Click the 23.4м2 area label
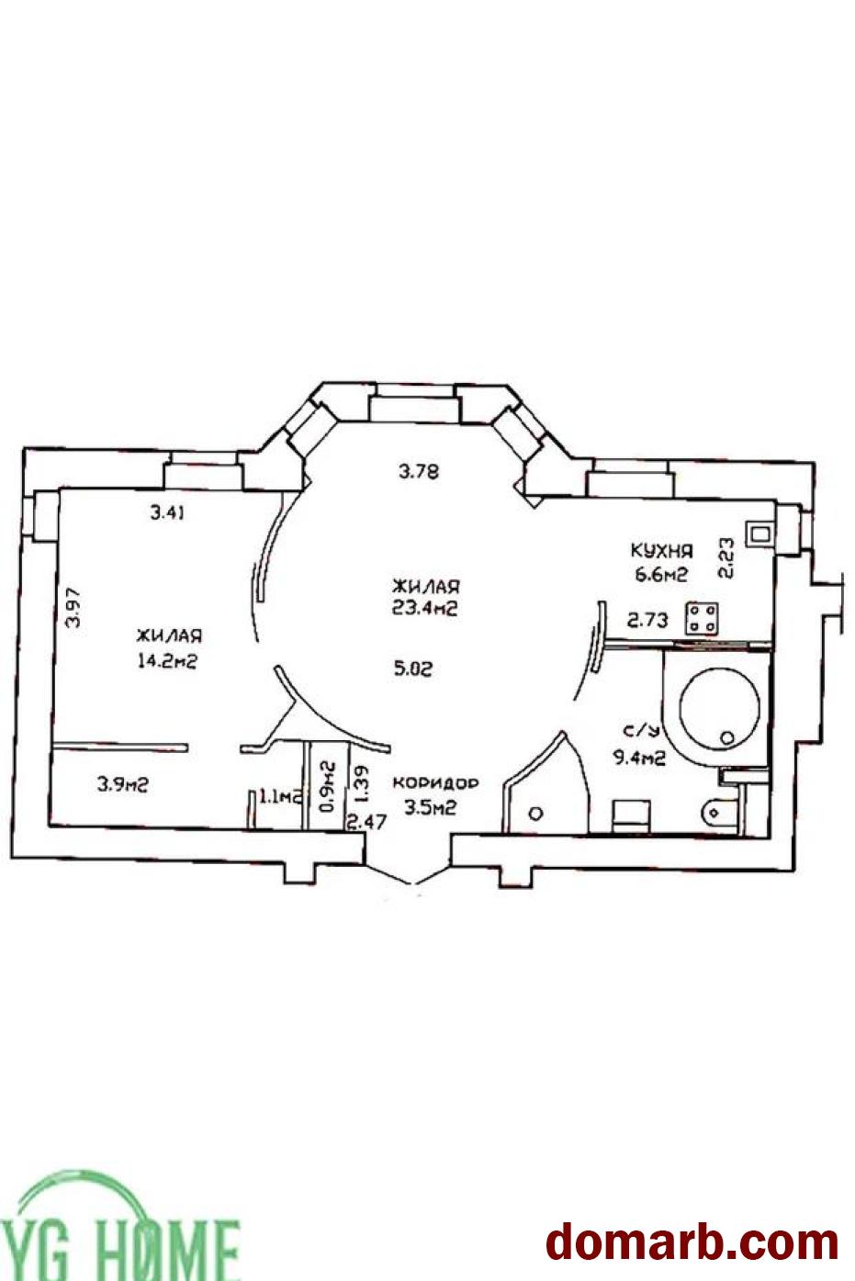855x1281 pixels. (x=424, y=608)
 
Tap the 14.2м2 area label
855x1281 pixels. (x=167, y=661)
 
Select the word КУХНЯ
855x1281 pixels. (x=662, y=551)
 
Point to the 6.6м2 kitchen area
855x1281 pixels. (x=661, y=574)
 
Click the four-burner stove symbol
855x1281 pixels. (x=702, y=618)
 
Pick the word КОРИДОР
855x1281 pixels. (x=435, y=783)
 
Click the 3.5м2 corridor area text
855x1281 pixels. (x=430, y=807)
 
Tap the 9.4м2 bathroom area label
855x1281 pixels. (x=639, y=758)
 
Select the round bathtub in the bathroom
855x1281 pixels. (x=719, y=708)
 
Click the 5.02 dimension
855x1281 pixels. (x=413, y=668)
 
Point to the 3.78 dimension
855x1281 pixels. (x=419, y=472)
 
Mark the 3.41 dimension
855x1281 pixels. (x=167, y=513)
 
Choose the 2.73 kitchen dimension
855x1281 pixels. (x=647, y=620)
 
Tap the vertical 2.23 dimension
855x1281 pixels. (x=726, y=558)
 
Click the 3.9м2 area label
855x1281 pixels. (x=122, y=784)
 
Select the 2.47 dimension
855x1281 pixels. (x=367, y=822)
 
